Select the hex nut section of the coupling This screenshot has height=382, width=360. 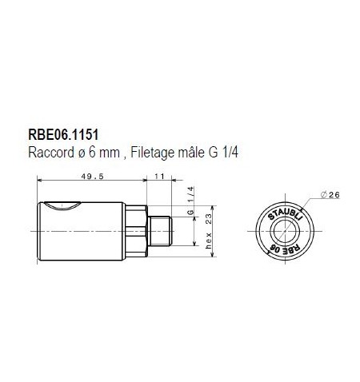click(142, 230)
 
